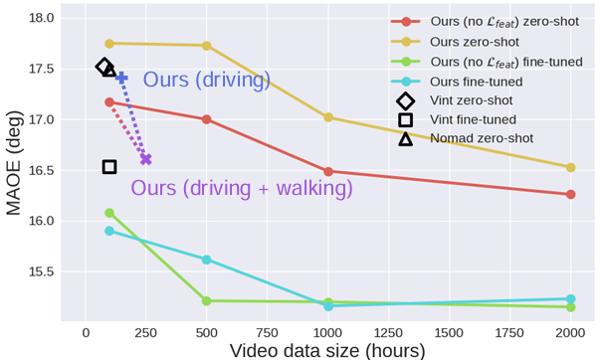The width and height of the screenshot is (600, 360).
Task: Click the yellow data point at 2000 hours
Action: [570, 167]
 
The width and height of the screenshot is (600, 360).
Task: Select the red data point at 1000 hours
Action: [328, 171]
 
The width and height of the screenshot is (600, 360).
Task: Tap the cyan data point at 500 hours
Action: [206, 260]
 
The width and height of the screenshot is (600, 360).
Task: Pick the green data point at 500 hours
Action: [206, 300]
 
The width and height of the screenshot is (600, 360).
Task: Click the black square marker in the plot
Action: [109, 167]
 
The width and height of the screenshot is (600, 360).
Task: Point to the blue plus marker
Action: [121, 78]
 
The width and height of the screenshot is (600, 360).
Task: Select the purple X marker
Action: [146, 159]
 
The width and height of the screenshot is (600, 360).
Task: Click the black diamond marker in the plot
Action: [103, 67]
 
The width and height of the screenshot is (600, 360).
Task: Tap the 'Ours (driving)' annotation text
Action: [207, 80]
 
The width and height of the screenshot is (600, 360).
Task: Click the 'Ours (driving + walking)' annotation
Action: [242, 189]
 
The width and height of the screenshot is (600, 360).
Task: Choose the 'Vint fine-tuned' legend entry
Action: [458, 119]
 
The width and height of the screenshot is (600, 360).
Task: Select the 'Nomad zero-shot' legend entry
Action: [466, 138]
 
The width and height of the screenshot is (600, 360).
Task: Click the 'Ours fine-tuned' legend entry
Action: [457, 82]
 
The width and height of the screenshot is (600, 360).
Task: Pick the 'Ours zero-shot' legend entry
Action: [456, 42]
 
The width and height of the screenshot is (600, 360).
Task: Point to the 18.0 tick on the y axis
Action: [42, 18]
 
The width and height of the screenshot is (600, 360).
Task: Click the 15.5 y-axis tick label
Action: [42, 272]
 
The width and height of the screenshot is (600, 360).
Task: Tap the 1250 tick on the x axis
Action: [388, 333]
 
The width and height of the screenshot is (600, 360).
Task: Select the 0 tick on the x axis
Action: [86, 333]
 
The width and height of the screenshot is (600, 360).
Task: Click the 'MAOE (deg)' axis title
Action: [13, 163]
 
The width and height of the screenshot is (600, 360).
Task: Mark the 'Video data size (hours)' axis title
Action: [327, 350]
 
